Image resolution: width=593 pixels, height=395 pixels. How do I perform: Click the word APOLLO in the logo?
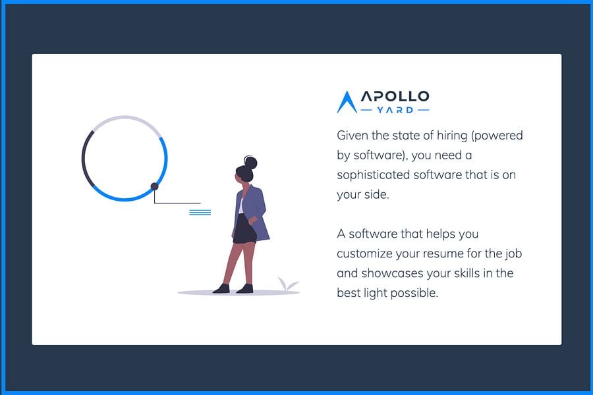[x=395, y=96]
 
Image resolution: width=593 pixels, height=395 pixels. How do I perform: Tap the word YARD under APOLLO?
[x=395, y=110]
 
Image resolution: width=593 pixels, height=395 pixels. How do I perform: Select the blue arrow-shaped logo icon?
[x=347, y=102]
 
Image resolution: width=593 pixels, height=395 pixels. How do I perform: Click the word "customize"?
[x=364, y=253]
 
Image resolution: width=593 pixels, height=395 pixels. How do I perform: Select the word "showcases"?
[x=389, y=273]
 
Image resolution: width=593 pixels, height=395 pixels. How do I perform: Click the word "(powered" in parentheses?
[x=497, y=136]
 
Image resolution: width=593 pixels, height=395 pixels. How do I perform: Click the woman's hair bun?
[x=250, y=163]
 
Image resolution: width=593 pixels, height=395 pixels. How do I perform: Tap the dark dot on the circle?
[x=154, y=186]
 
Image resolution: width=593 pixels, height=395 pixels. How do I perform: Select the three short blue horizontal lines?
[x=200, y=213]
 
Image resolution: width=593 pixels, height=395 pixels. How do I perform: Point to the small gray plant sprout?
[x=288, y=284]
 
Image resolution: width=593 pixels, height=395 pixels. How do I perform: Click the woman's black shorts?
[x=244, y=230]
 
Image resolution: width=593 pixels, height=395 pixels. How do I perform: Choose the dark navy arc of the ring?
[x=84, y=159]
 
